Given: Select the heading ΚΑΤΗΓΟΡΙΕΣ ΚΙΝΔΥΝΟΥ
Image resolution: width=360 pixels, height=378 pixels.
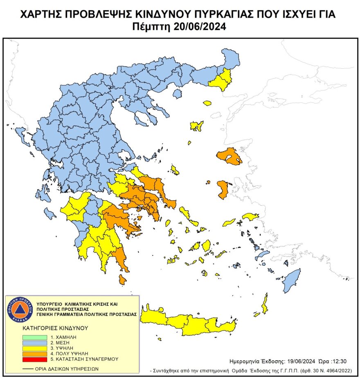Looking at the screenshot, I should pyautogui.click(x=56, y=328).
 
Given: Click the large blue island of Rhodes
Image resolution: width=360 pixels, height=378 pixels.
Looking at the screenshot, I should pyautogui.click(x=291, y=280).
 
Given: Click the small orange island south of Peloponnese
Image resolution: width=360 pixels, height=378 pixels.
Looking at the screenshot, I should pyautogui.click(x=122, y=279).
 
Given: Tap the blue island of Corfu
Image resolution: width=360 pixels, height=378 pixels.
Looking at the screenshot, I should pyautogui.click(x=19, y=134).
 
